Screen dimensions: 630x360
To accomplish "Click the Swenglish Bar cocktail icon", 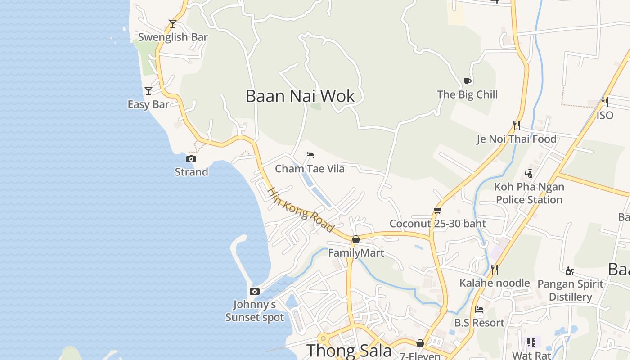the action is point(172,23).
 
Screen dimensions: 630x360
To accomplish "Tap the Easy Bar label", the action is point(148,104).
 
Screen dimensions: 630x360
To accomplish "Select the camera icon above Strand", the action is point(191,159).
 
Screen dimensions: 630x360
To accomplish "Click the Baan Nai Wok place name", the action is point(300,96).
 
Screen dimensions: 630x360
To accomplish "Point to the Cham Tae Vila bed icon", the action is point(309,155).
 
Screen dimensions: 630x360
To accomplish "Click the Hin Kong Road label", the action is point(301,210).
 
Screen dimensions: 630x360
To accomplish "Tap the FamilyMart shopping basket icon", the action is point(356,239).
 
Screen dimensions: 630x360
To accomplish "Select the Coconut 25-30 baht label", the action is point(437,224).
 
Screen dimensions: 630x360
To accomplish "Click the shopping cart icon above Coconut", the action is point(437,210).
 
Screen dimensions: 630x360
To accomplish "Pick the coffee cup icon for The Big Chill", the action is point(468,81).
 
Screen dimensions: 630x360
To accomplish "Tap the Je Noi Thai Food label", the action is point(517,139).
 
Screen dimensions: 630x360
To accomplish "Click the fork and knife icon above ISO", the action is point(604,102).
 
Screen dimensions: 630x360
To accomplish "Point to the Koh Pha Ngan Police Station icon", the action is point(529,173).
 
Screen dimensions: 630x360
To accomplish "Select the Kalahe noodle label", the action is point(495,283).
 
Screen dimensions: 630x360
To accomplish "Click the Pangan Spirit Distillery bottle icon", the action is point(570,271).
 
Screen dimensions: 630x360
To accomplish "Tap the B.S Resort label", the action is point(479,323).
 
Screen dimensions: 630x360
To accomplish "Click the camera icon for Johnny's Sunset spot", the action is point(255,291).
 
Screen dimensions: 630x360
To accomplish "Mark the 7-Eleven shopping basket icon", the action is point(420,343).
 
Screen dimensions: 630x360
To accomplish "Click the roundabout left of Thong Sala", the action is point(323,338).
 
